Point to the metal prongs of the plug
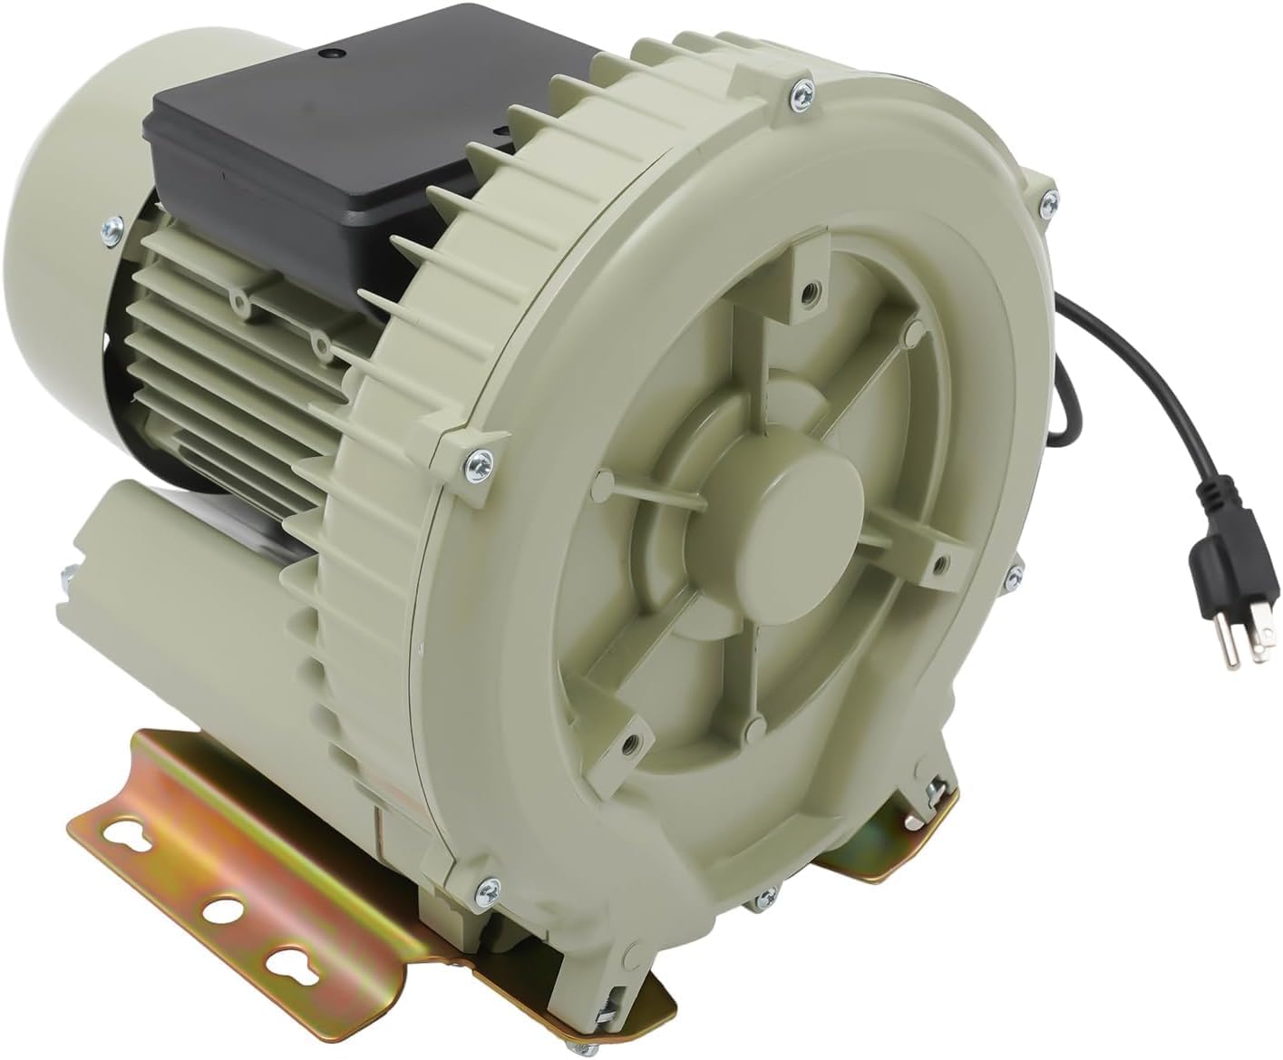(1242, 648)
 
